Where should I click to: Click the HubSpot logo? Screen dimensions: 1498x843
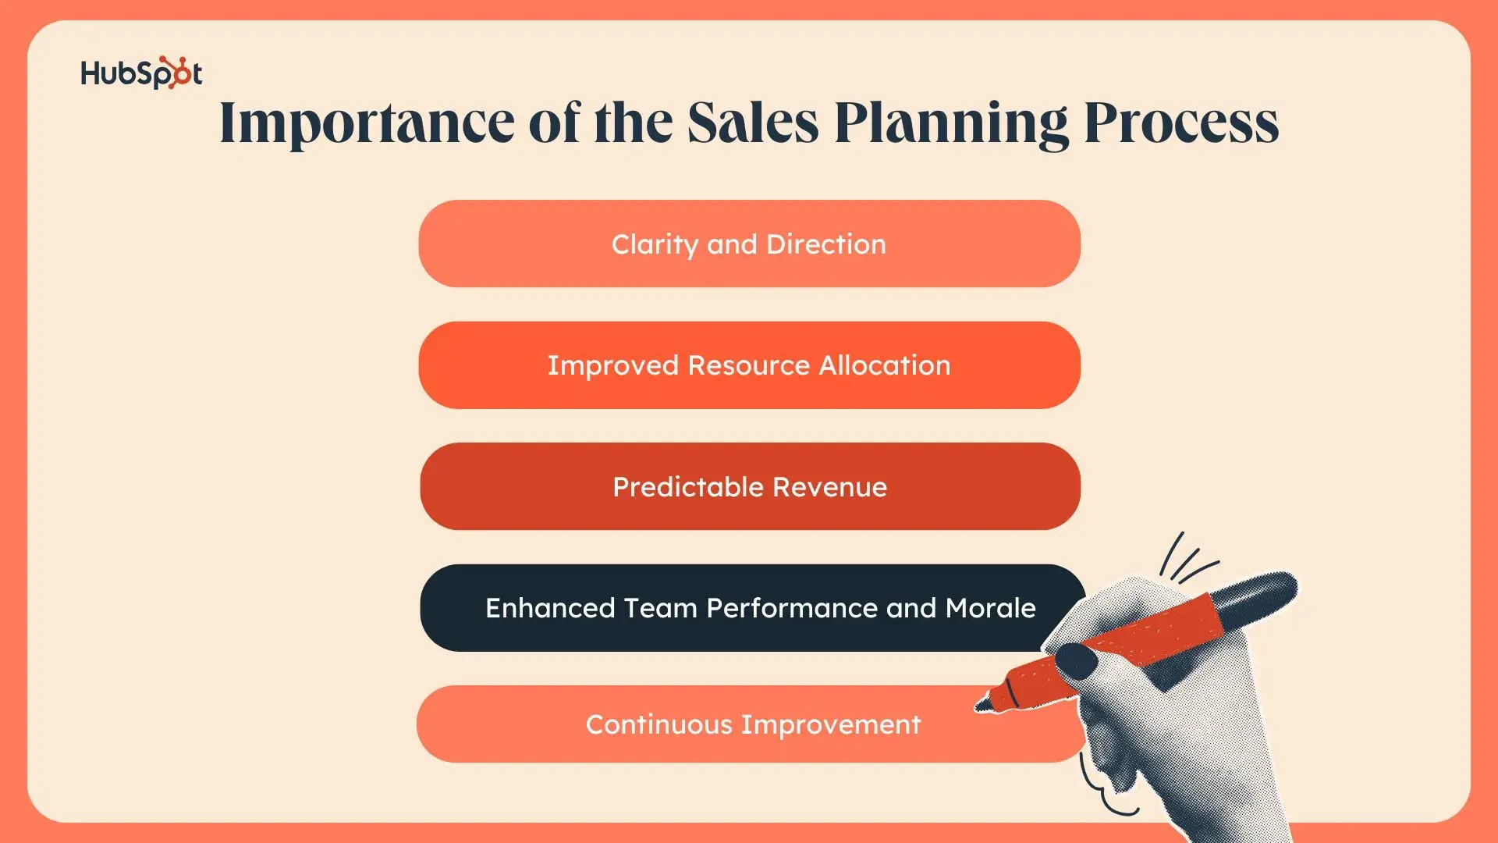pos(141,73)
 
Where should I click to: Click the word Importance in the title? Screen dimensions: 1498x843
pos(367,123)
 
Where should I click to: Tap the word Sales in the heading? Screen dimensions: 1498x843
pos(753,123)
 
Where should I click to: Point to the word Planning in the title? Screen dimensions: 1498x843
pos(951,124)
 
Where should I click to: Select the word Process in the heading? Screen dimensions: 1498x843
pos(1181,123)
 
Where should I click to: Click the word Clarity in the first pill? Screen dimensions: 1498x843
pos(655,245)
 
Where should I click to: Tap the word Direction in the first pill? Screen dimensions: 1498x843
pos(826,244)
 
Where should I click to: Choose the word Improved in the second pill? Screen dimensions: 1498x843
pos(612,366)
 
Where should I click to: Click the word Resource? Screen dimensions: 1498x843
pos(748,365)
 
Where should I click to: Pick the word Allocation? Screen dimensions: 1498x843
pos(885,365)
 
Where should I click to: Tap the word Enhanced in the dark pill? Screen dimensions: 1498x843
pos(550,608)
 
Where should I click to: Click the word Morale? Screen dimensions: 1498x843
pos(990,608)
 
